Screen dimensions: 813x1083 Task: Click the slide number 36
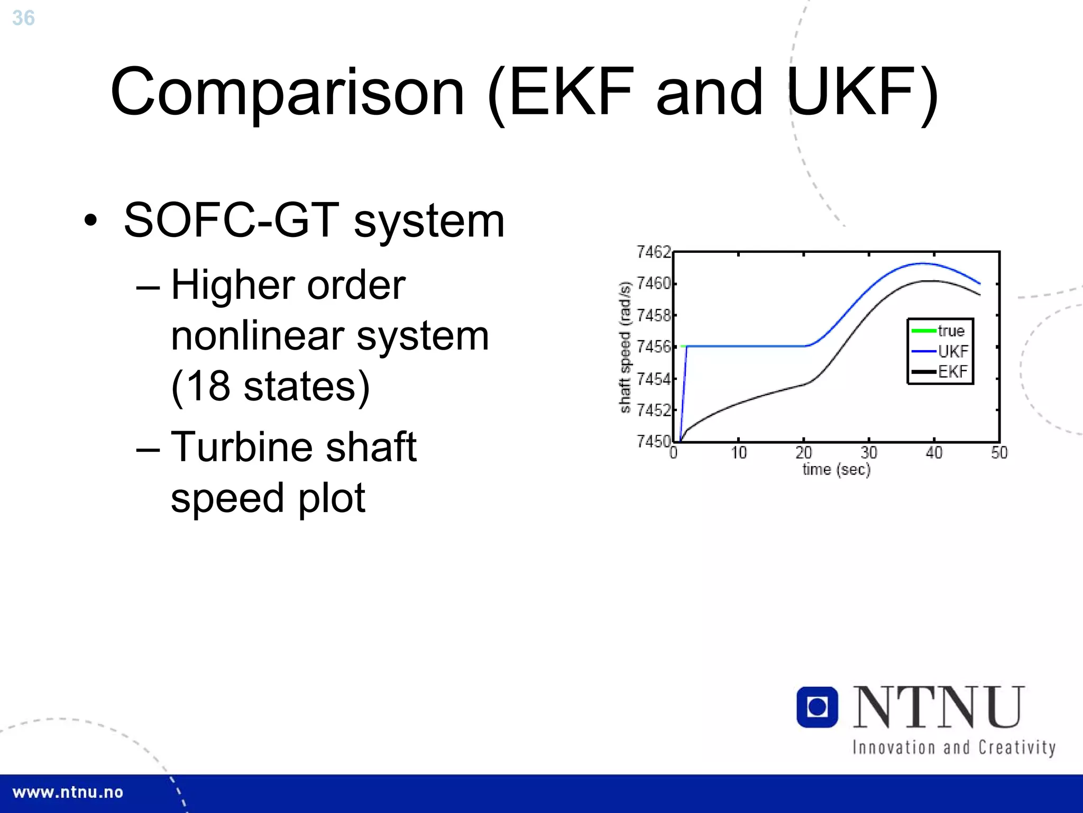point(23,18)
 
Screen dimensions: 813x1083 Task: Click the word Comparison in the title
point(287,93)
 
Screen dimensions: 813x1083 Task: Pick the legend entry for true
point(950,331)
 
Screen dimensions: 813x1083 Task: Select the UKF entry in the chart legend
point(952,351)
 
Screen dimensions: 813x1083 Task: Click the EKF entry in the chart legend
point(952,371)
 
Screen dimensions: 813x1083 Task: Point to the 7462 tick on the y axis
point(654,252)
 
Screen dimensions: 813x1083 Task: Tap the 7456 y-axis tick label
point(654,347)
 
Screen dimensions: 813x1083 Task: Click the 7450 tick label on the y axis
point(654,441)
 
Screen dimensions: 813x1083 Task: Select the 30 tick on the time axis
point(869,453)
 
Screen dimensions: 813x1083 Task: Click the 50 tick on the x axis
point(999,453)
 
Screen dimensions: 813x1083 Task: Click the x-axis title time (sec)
point(836,469)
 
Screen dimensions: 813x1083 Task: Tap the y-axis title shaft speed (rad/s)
point(625,347)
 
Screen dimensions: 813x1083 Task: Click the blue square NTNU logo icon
point(817,707)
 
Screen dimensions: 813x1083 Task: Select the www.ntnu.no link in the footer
point(68,792)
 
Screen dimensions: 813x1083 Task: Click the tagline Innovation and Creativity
point(953,747)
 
